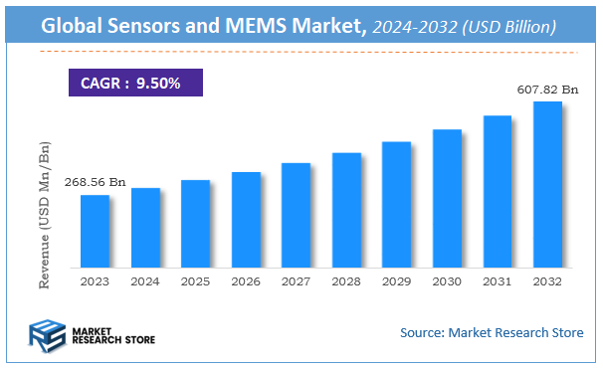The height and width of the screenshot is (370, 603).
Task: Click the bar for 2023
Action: (x=96, y=231)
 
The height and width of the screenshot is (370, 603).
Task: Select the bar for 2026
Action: (x=246, y=220)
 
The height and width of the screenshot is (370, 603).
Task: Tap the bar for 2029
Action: (x=396, y=204)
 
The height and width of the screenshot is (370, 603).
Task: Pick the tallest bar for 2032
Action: (x=547, y=184)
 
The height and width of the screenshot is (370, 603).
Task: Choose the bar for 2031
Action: (x=497, y=191)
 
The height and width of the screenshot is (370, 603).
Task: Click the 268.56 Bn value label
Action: (x=96, y=182)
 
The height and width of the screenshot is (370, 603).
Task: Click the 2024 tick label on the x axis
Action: (x=145, y=282)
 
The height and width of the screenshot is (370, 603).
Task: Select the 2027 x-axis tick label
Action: (x=296, y=282)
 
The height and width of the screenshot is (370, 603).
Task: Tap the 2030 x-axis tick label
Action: (x=447, y=282)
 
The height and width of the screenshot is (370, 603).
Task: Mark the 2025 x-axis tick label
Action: (x=195, y=282)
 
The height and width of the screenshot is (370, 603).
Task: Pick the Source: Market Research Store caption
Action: (x=491, y=332)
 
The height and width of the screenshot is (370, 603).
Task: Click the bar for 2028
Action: (x=346, y=210)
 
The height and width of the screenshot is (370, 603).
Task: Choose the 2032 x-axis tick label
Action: (x=547, y=282)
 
